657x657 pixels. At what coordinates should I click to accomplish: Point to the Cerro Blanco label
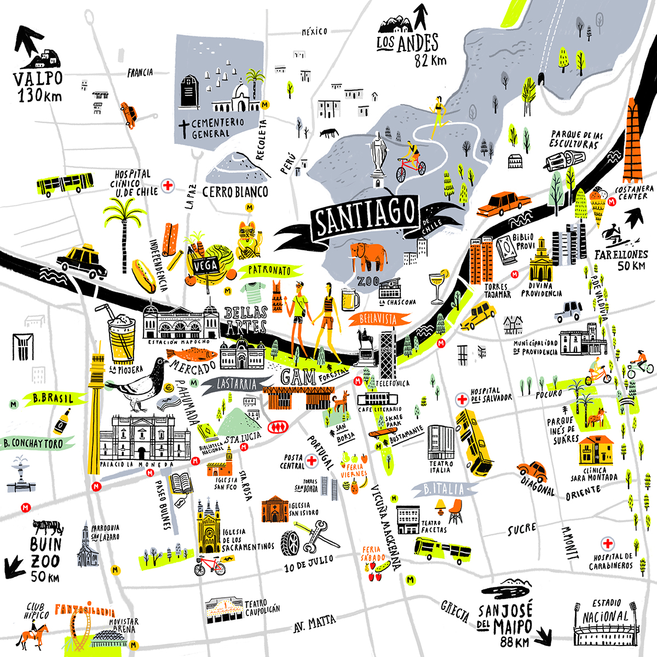click(x=235, y=192)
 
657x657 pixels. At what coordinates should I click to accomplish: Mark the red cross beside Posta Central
click(x=312, y=460)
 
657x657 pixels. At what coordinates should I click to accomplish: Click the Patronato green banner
click(x=269, y=270)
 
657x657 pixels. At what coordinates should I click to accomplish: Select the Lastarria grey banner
click(x=235, y=384)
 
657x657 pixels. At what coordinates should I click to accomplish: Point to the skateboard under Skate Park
click(x=382, y=434)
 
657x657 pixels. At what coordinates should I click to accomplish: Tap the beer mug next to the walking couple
click(x=350, y=299)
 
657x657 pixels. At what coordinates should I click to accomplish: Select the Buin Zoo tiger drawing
click(x=47, y=528)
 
